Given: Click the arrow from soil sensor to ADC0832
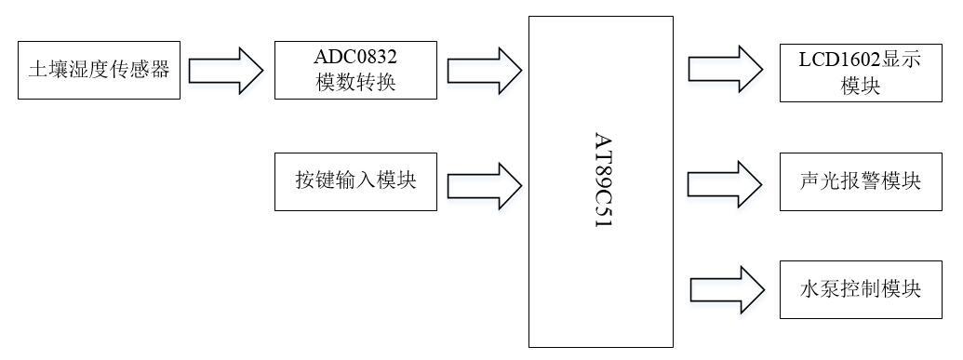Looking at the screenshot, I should point(226,70).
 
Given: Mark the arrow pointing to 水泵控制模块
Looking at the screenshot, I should point(724,287).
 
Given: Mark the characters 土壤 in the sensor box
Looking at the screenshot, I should point(45,69).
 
